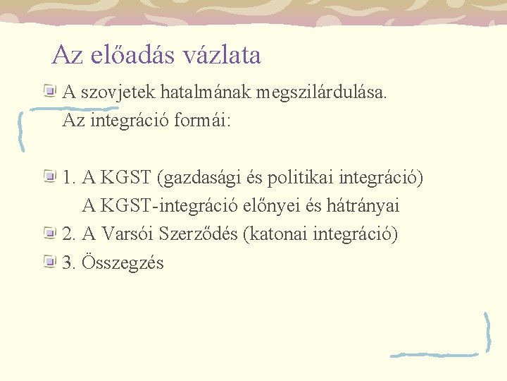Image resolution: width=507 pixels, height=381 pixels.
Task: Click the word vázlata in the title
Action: pyautogui.click(x=220, y=55)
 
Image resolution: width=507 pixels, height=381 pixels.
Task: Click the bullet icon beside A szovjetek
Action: pyautogui.click(x=49, y=90)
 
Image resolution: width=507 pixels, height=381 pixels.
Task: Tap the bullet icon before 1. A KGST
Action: pyautogui.click(x=49, y=176)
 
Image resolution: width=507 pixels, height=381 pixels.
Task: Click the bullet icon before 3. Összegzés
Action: pyautogui.click(x=49, y=262)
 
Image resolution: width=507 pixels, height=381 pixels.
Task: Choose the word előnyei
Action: pyautogui.click(x=283, y=206)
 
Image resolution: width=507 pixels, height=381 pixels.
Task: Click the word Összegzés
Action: pyautogui.click(x=123, y=263)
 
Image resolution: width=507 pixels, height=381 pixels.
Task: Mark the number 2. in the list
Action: pyautogui.click(x=69, y=234)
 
